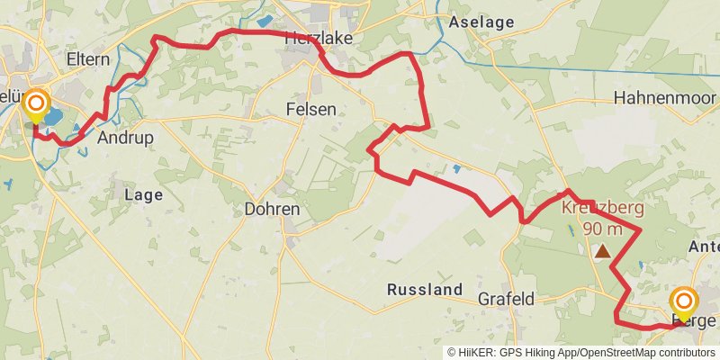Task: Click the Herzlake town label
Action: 318,38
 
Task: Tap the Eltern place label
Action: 88,59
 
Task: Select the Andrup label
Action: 125,138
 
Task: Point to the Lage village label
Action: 143,193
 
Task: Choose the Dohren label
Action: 272,209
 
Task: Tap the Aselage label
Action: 481,22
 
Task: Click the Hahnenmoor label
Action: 664,97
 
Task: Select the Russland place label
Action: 424,290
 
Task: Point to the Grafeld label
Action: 507,298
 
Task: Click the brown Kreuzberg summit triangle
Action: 601,253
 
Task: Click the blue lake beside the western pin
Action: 52,117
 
